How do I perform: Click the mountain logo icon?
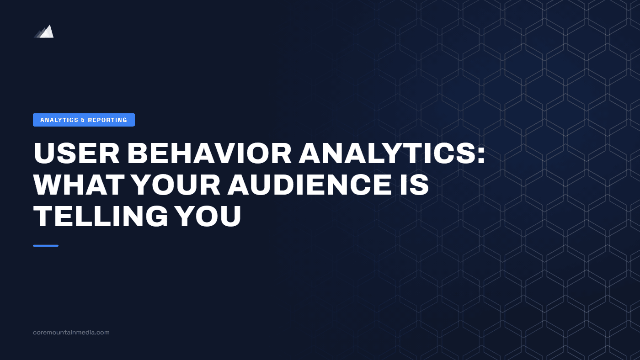coord(44,32)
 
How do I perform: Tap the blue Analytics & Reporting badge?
coord(84,120)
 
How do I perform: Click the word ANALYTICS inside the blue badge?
coord(59,120)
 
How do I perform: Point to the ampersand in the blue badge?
coord(83,120)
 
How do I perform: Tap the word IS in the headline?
coord(413,185)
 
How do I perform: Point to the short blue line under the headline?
coord(46,246)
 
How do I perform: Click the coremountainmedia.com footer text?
coord(71,333)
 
